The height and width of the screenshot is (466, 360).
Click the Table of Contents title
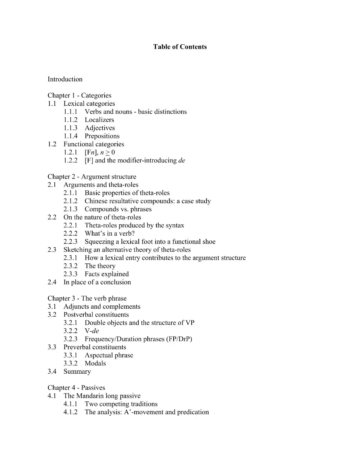point(180,47)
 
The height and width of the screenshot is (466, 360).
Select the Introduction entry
point(65,79)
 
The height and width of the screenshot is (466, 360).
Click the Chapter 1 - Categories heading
point(79,95)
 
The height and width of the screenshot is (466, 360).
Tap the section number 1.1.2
point(70,120)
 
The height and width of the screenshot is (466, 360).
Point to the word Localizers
point(99,120)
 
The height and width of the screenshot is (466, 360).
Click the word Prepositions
point(102,136)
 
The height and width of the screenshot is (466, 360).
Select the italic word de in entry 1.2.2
point(182,161)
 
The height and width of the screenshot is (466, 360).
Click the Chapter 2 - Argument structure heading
point(92,177)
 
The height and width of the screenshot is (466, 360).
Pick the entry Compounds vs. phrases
point(118,209)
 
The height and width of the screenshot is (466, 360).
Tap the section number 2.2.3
point(70,242)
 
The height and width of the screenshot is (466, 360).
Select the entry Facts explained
point(106,274)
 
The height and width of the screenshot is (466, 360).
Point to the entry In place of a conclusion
point(97,282)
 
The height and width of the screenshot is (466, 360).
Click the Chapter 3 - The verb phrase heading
point(87,299)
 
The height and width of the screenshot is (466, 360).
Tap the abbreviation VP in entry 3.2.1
point(190,323)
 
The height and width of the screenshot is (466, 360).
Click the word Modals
point(95,364)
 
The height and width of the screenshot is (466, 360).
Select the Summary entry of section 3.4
point(77,371)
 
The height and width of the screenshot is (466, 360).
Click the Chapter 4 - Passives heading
point(76,388)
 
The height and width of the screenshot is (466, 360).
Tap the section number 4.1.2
point(70,412)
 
